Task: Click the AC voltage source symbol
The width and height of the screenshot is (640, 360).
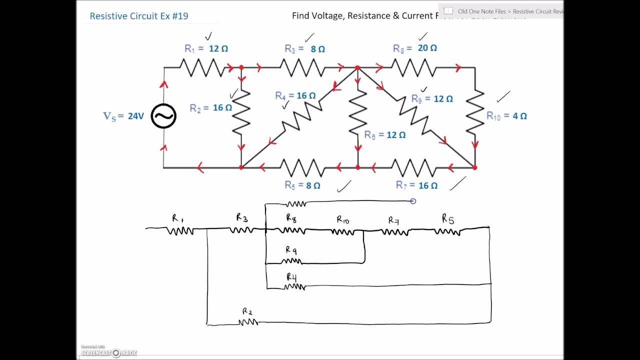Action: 163,116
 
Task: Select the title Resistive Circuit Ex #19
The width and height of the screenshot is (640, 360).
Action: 139,16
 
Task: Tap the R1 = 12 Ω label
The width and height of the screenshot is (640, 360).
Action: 206,48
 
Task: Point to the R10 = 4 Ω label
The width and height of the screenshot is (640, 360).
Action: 506,115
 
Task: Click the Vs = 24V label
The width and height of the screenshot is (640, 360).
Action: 123,116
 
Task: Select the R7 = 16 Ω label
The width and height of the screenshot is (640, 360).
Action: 416,185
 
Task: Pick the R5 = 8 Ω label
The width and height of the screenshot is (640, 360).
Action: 302,185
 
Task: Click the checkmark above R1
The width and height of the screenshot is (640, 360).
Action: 208,36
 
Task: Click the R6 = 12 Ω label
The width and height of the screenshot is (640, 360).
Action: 384,135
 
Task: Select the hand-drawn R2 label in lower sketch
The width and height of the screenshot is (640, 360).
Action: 247,311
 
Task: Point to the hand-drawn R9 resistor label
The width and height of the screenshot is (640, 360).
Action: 291,250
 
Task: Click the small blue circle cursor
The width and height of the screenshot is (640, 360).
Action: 413,201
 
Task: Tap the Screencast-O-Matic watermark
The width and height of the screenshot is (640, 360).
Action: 109,352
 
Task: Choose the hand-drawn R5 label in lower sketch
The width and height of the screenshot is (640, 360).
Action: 447,218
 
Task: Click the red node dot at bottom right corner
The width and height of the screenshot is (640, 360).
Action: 474,167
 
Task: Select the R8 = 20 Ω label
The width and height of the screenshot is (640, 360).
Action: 414,48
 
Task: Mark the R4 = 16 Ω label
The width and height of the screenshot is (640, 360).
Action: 295,95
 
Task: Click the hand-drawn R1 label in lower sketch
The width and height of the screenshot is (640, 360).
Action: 177,218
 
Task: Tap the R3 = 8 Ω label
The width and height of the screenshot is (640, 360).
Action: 304,49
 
